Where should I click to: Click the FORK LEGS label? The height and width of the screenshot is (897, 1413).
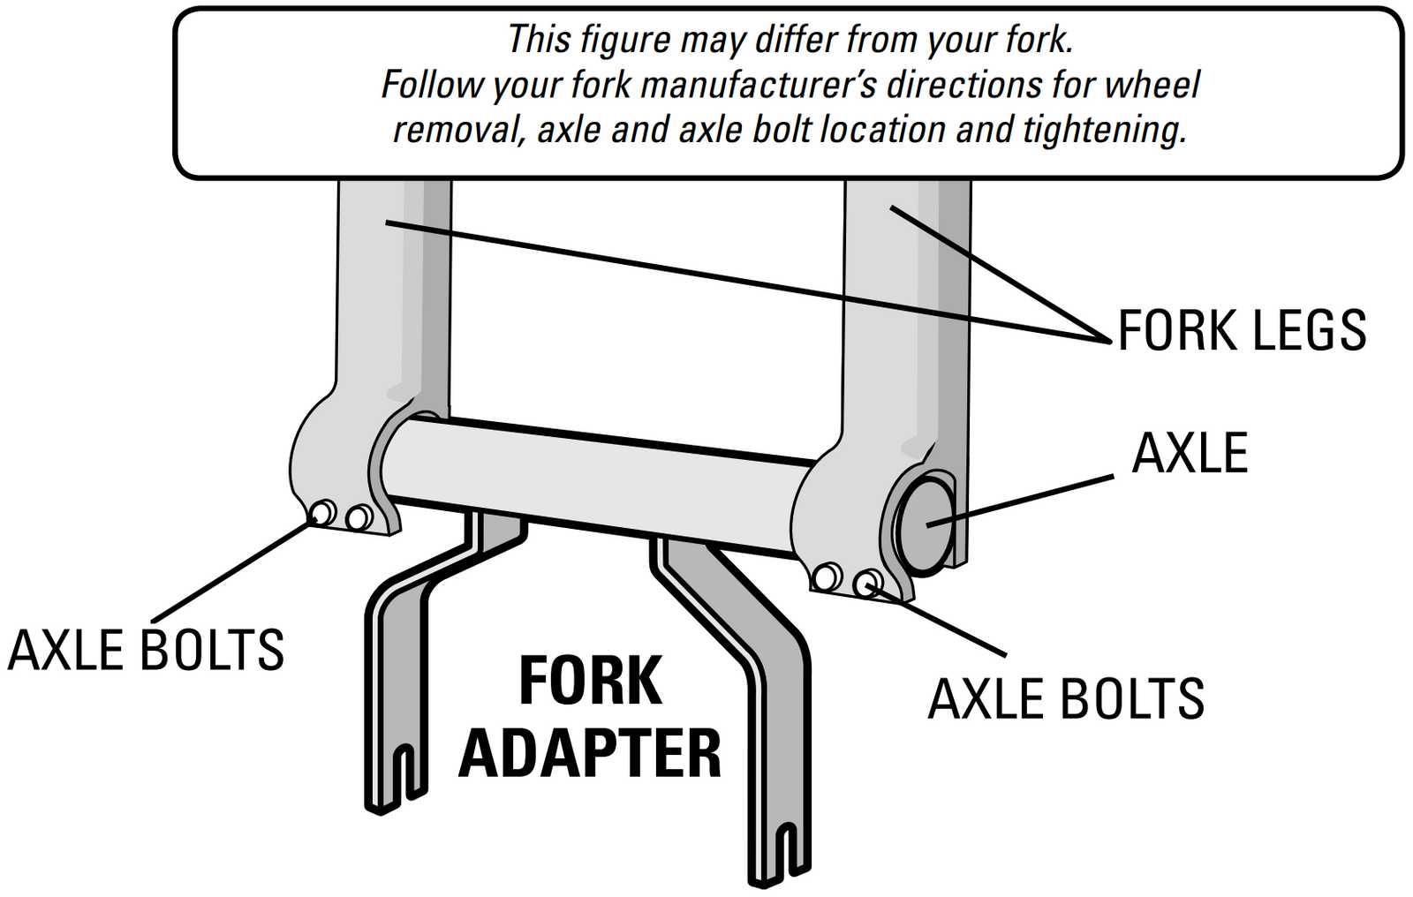[1242, 330]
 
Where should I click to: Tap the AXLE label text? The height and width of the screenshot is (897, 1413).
[1190, 454]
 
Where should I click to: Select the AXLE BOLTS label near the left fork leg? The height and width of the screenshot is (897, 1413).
[146, 651]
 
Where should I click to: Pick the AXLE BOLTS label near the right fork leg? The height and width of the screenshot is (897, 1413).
[1066, 700]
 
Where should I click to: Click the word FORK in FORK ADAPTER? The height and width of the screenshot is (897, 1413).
[590, 682]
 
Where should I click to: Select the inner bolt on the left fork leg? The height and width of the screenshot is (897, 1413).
[359, 517]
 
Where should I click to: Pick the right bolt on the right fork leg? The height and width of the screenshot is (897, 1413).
[867, 582]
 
